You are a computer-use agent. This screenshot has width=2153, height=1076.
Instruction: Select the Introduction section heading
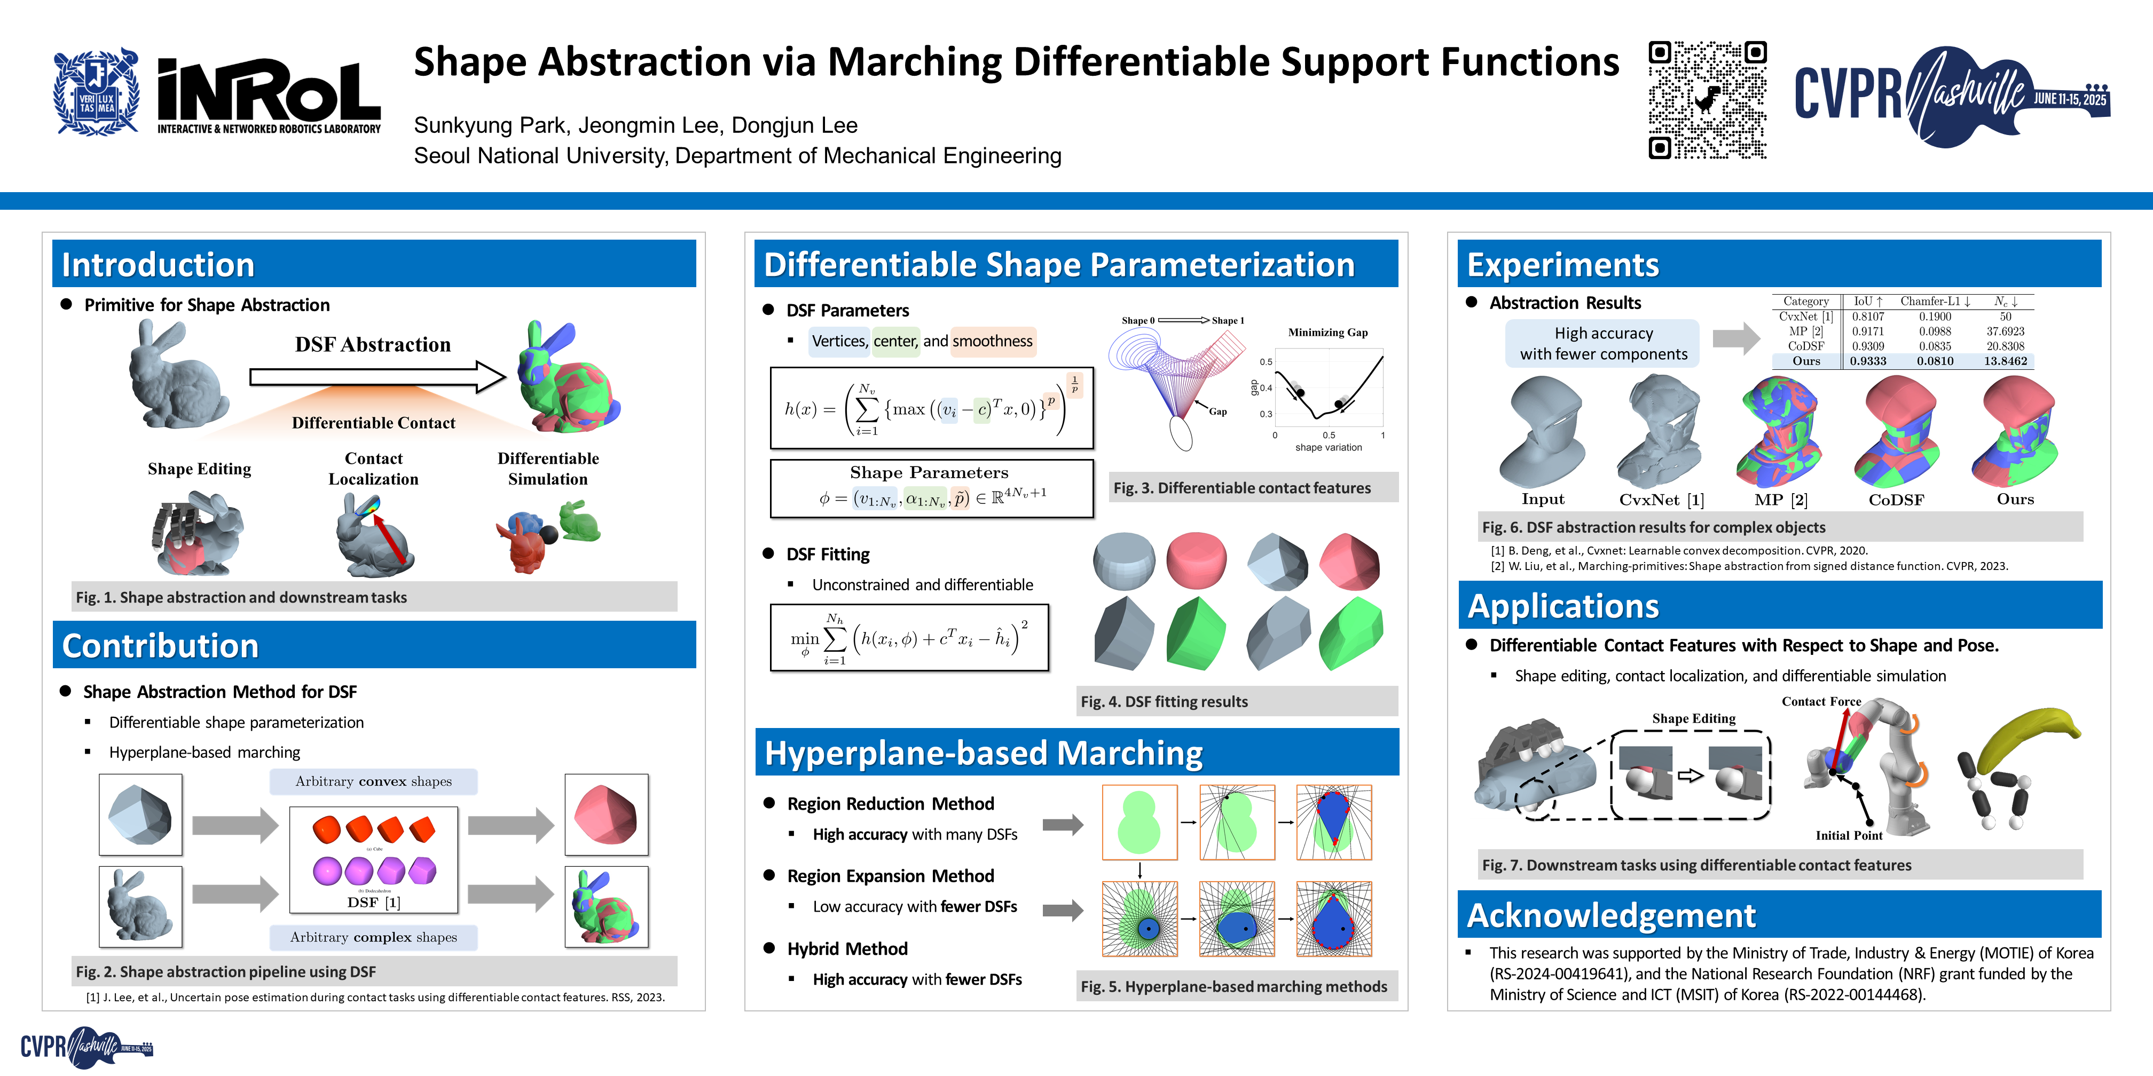[158, 265]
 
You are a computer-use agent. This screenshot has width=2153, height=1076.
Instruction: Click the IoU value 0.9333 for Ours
[1867, 361]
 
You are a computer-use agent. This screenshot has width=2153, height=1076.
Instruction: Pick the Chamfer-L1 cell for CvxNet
[1934, 317]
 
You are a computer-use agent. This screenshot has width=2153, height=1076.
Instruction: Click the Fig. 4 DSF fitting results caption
[1164, 702]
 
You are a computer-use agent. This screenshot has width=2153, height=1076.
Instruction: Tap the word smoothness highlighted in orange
[992, 341]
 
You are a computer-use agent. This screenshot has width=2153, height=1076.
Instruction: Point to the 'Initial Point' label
[1849, 835]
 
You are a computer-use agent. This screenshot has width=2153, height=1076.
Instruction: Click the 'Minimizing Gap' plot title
[1327, 333]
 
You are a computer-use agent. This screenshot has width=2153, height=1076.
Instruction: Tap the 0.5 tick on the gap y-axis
[1266, 362]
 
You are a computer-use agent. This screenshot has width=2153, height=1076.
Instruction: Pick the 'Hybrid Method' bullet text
[847, 949]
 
